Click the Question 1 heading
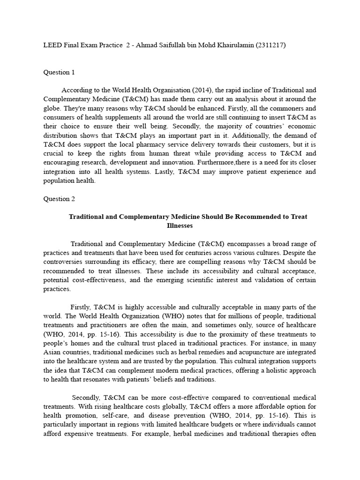[x=59, y=72]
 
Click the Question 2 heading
[x=59, y=199]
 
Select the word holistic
[x=272, y=370]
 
